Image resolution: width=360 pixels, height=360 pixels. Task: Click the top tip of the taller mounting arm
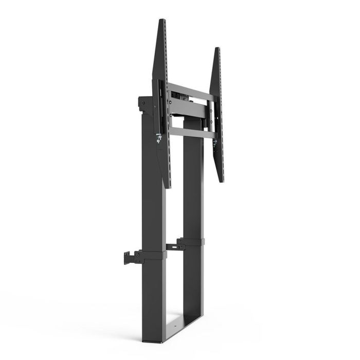point(162,21)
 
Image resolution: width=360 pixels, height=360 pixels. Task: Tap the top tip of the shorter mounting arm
point(217,49)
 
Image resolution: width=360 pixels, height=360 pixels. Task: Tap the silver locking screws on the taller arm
point(158,138)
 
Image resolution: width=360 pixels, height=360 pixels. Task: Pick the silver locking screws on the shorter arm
point(214,142)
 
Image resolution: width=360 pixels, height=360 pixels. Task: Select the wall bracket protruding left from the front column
point(132,257)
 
